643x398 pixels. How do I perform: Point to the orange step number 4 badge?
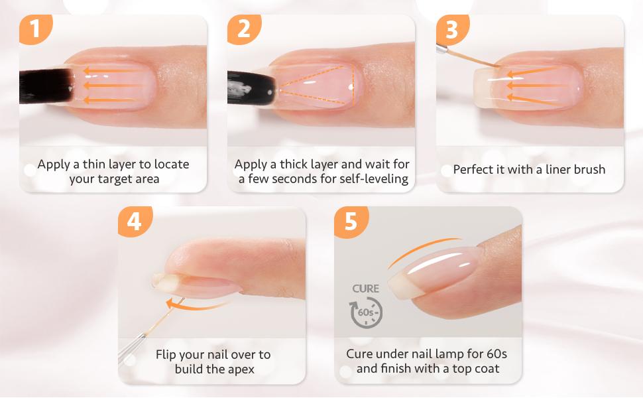(x=134, y=221)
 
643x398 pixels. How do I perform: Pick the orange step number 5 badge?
(x=350, y=221)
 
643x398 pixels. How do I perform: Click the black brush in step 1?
(x=43, y=87)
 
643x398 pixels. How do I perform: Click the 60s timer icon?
(x=367, y=312)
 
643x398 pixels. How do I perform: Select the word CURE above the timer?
(x=366, y=289)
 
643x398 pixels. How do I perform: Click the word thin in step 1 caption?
(x=106, y=164)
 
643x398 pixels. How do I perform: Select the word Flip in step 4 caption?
(x=168, y=354)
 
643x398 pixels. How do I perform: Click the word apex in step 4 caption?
(x=241, y=369)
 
